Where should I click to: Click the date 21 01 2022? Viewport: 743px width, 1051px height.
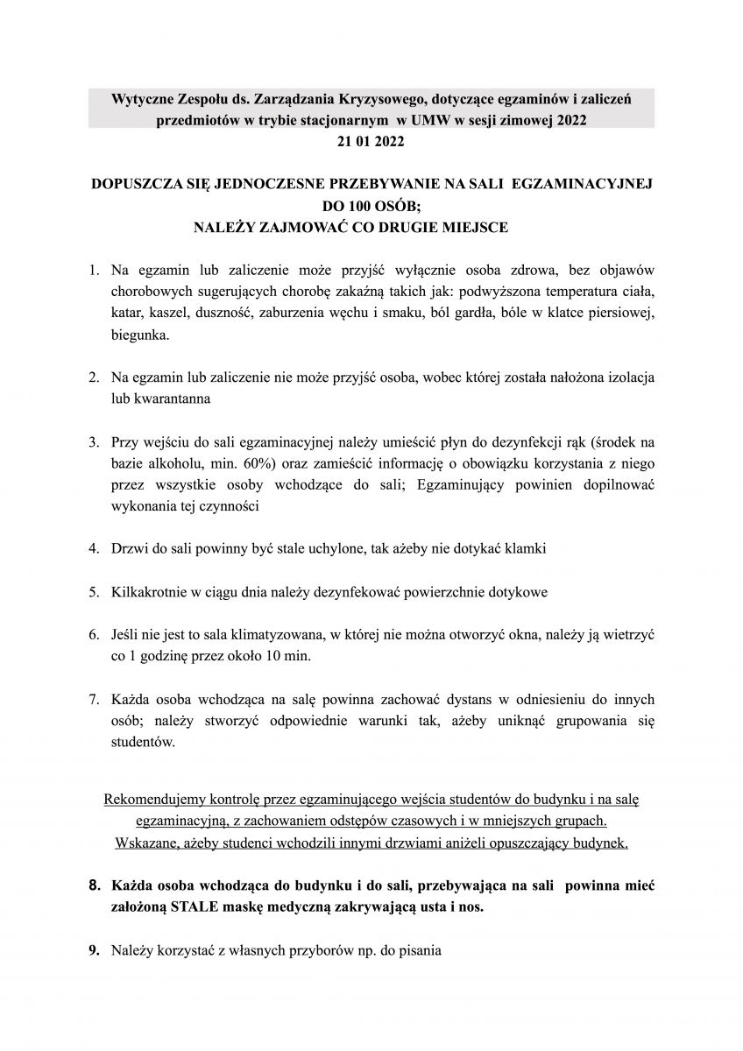[x=371, y=139]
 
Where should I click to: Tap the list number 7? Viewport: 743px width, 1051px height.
[x=93, y=701]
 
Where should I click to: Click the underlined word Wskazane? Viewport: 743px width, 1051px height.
[x=146, y=842]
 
